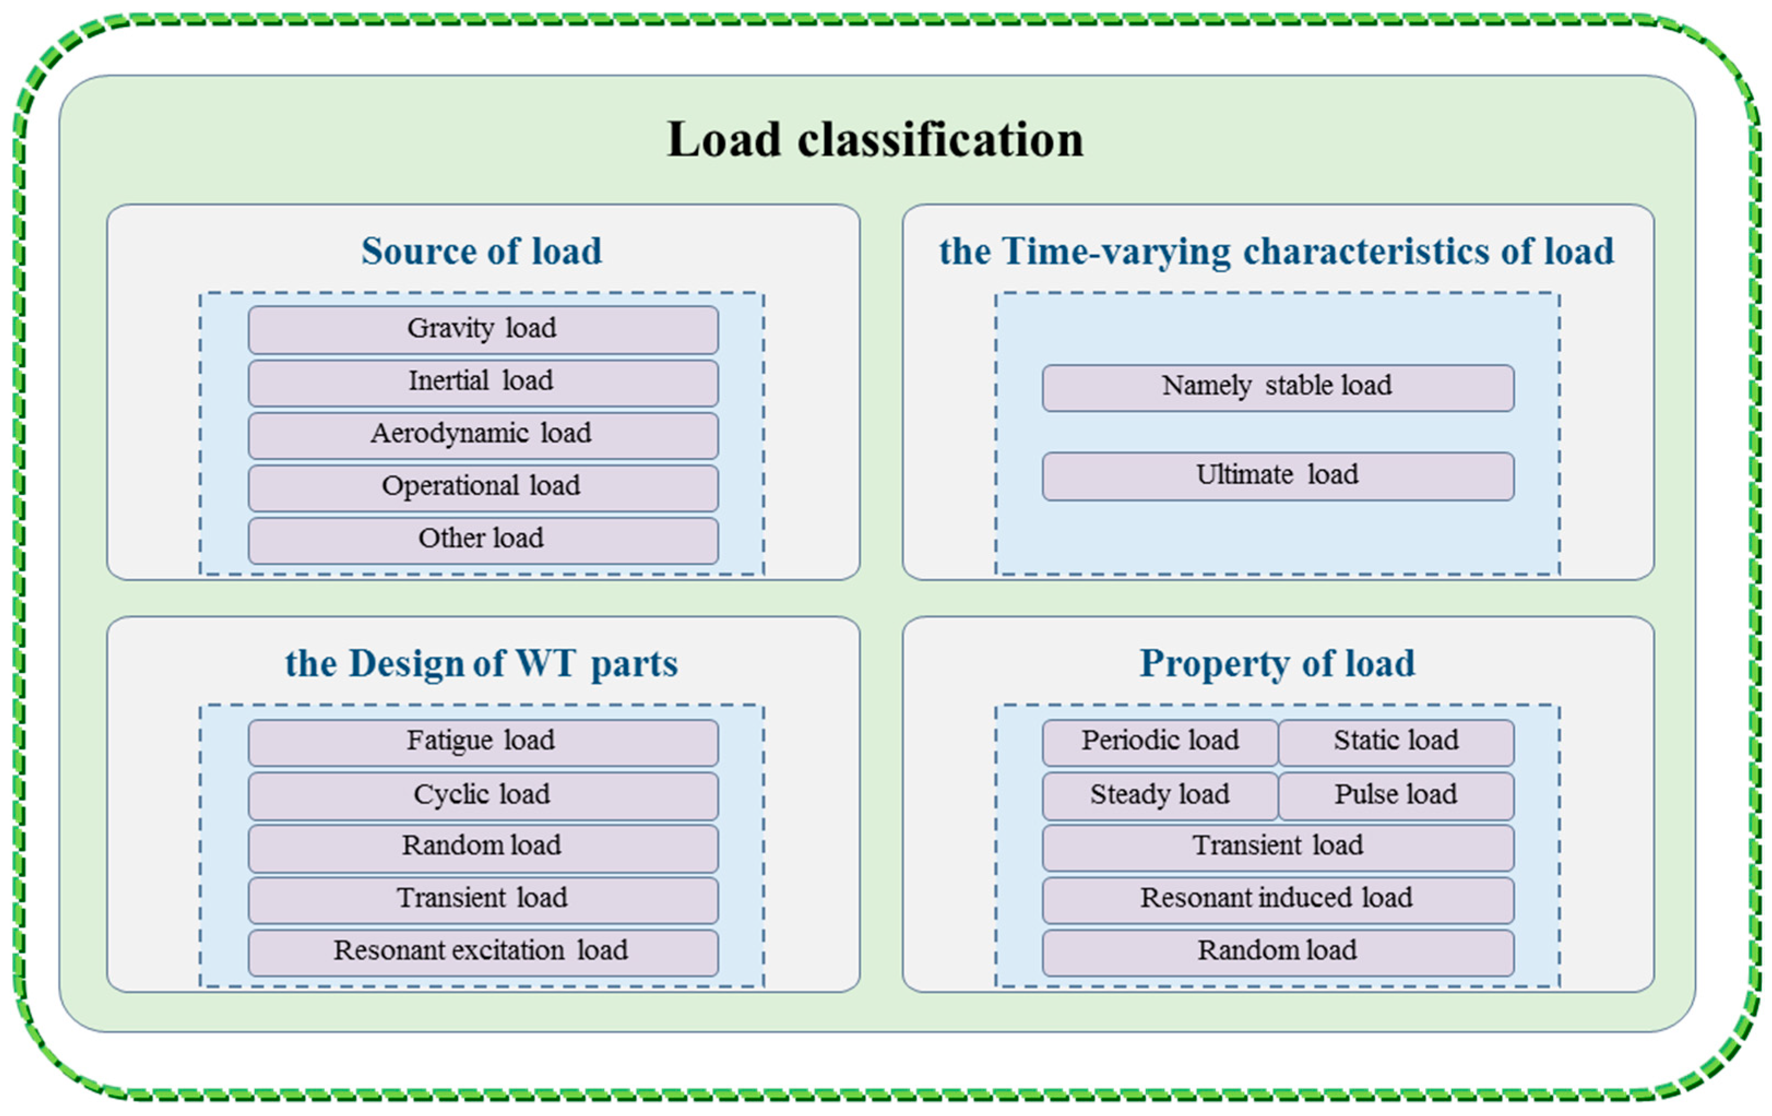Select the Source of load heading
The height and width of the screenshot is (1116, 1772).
click(x=481, y=252)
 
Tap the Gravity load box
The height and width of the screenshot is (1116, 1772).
click(x=483, y=330)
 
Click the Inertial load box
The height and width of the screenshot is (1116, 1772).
click(x=483, y=383)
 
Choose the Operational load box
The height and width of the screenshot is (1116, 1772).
click(x=483, y=487)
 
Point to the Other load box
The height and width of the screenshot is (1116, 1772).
click(x=483, y=540)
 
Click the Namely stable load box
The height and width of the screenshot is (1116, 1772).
click(x=1277, y=387)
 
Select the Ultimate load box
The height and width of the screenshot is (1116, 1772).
click(x=1277, y=476)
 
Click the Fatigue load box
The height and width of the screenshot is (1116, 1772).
click(x=483, y=742)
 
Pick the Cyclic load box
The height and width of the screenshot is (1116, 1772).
click(x=483, y=795)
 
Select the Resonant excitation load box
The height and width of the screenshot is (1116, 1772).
click(x=483, y=952)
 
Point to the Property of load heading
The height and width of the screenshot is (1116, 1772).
click(x=1277, y=664)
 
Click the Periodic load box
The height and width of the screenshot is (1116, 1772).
click(x=1159, y=742)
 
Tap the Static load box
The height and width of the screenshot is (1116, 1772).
click(x=1396, y=742)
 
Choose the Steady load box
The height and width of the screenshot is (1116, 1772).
click(x=1159, y=795)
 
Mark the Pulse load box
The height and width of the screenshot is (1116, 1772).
click(x=1396, y=795)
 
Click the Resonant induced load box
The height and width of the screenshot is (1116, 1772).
click(x=1277, y=899)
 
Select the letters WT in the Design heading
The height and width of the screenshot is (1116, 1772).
click(x=546, y=664)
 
